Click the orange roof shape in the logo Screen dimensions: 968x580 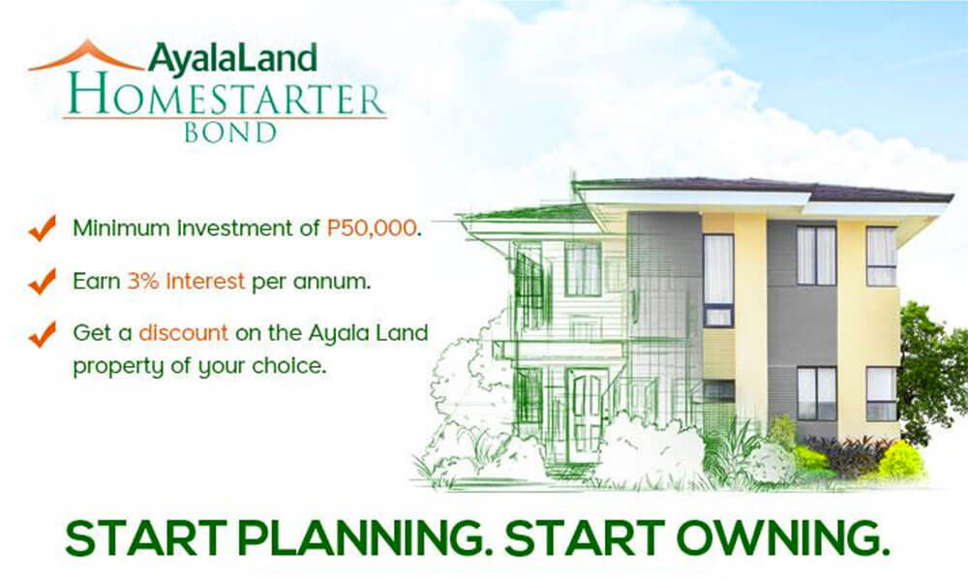pyautogui.click(x=86, y=49)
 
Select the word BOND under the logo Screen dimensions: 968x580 pyautogui.click(x=230, y=133)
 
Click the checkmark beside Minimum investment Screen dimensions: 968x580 pyautogui.click(x=43, y=228)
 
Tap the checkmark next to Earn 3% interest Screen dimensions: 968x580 pyautogui.click(x=43, y=281)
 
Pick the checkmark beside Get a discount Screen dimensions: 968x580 pyautogui.click(x=43, y=334)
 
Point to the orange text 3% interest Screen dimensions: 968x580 pyautogui.click(x=186, y=281)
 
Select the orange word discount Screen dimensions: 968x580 pyautogui.click(x=183, y=333)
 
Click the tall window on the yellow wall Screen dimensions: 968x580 pyautogui.click(x=718, y=281)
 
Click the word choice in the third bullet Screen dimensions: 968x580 pyautogui.click(x=287, y=366)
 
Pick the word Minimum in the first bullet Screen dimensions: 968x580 pyautogui.click(x=121, y=228)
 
